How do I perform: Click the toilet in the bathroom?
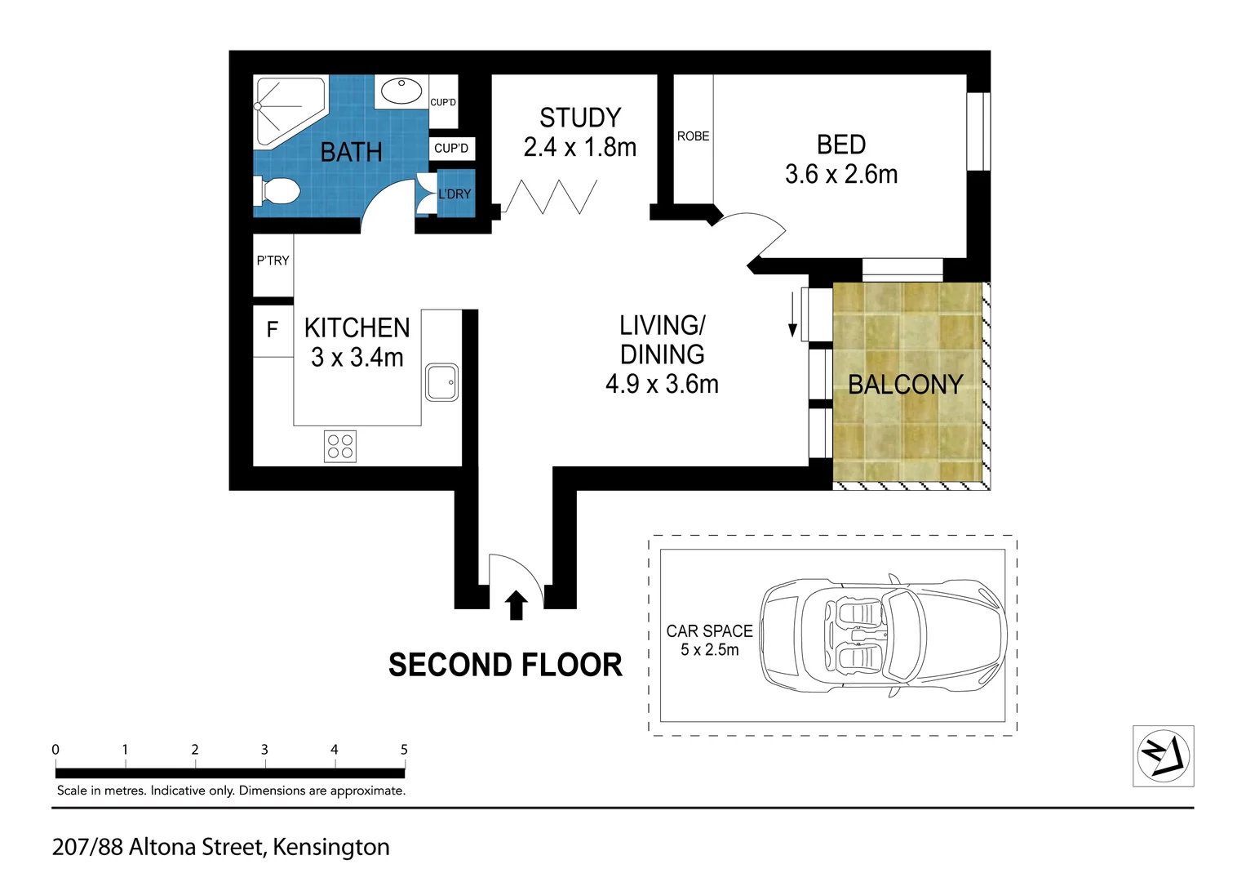277,193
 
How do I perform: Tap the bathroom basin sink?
401,91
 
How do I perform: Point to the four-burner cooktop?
340,447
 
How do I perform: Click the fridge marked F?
273,329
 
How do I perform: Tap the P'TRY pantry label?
273,261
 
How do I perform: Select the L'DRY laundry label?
455,194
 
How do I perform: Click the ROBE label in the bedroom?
693,136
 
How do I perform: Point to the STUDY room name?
580,118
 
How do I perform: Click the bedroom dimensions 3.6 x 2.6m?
841,174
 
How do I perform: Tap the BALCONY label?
905,385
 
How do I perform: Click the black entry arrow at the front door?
516,605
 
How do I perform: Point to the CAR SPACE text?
709,631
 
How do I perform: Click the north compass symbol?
1163,755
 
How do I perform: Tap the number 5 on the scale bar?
404,750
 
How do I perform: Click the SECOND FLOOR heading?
505,665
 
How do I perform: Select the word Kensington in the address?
330,848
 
